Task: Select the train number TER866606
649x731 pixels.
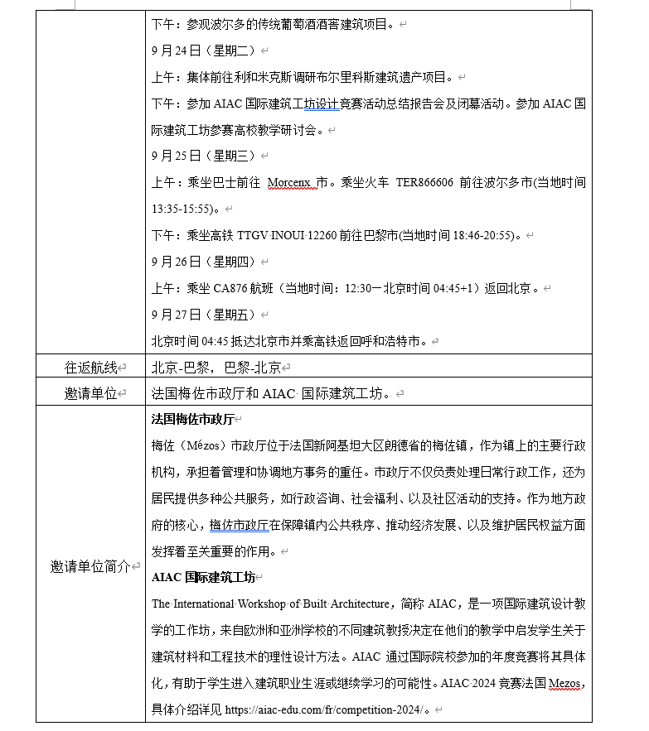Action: pos(424,182)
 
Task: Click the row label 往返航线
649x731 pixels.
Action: pos(91,367)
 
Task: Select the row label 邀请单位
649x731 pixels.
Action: pos(91,394)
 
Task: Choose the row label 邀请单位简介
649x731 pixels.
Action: pos(91,567)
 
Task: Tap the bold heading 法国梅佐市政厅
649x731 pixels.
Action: pos(193,420)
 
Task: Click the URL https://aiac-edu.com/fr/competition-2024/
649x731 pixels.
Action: pos(327,709)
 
